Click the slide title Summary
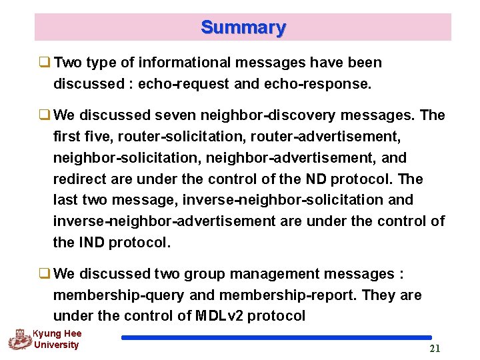243,28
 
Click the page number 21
435,349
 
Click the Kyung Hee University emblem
19,340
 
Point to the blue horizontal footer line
276,338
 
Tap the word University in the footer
56,345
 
